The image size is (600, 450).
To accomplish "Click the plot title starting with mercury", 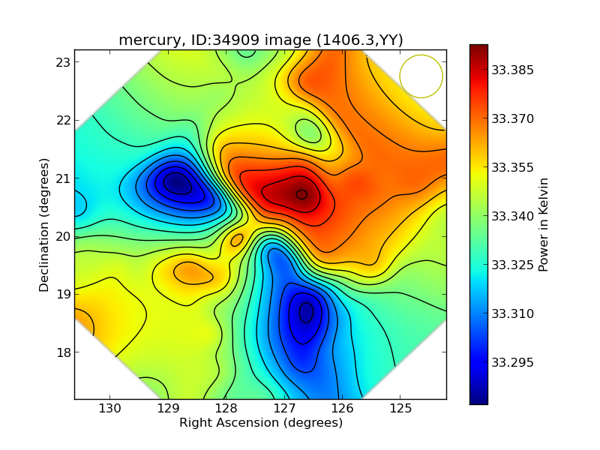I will click(259, 40).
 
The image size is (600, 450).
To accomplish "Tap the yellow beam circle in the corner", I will click(421, 76).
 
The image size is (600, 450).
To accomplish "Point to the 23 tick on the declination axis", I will click(63, 62).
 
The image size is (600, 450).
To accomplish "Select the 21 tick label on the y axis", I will click(63, 178).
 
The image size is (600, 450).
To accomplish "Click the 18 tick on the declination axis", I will click(63, 352).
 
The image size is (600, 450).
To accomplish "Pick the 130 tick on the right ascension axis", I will click(110, 409).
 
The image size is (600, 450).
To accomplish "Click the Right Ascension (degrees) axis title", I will click(260, 423).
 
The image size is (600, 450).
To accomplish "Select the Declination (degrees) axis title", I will click(44, 224).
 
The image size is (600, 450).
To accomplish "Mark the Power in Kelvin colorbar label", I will click(544, 224).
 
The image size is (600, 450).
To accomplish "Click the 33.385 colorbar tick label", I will click(513, 70).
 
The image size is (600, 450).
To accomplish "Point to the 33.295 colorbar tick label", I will click(513, 363).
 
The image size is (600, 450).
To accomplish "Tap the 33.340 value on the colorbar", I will click(513, 217).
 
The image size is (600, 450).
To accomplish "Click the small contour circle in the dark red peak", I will click(301, 194).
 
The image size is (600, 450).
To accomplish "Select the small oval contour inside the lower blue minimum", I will click(306, 312).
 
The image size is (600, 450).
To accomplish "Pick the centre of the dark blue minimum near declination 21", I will click(176, 182).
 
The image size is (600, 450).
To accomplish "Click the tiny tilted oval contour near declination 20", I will click(237, 240).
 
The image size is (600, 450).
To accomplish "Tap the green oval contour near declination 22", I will click(307, 130).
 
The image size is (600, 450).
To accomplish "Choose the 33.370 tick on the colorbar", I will click(513, 119).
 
